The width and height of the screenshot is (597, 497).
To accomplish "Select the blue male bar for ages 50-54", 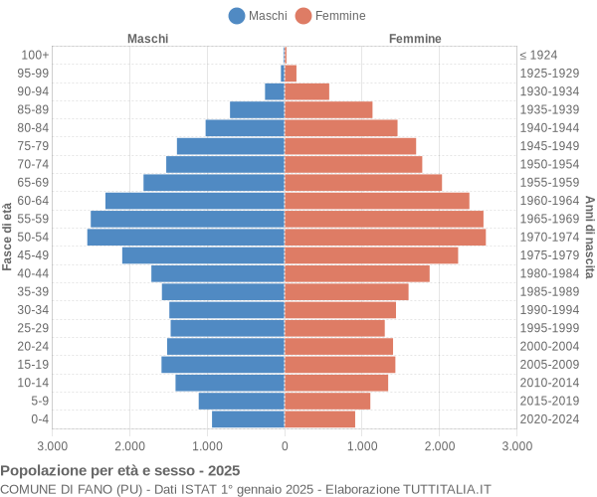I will tap(186, 238).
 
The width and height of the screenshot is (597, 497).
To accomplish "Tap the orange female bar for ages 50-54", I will tap(385, 238).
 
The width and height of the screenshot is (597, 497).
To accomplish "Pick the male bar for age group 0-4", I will tap(249, 419).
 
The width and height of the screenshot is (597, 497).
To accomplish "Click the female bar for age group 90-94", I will tap(306, 91).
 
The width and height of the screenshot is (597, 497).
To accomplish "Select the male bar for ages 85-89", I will tap(258, 109).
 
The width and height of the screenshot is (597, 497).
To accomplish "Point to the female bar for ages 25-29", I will tap(334, 328).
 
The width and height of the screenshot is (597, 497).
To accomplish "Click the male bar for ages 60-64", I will tap(195, 201).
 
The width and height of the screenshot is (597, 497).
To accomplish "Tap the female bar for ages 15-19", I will tap(339, 365).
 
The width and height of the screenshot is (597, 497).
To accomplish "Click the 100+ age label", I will tap(34, 55).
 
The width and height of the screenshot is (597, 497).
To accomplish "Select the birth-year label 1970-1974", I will tap(549, 238).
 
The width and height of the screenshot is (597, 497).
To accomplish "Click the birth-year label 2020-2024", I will tap(549, 419).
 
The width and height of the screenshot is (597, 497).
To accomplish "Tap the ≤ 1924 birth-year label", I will tap(538, 55).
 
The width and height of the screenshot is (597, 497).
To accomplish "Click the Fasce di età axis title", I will tap(8, 237).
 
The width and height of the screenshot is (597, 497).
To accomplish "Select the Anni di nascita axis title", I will tap(589, 237).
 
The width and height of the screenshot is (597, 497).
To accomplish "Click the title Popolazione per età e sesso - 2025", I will tap(120, 470).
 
